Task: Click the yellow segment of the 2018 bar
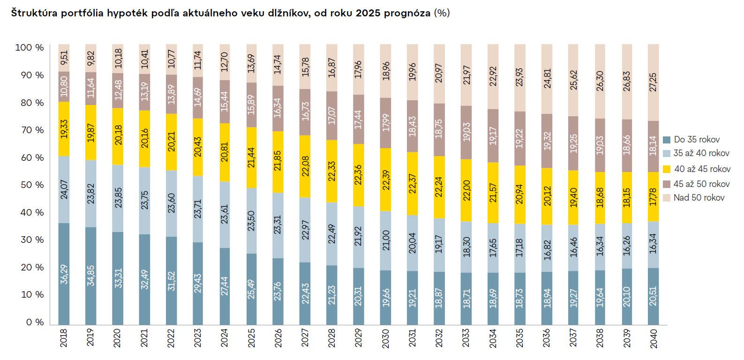(x=64, y=129)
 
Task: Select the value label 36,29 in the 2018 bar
(x=64, y=274)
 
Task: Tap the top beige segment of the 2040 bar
(x=653, y=82)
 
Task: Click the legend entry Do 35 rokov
(x=696, y=140)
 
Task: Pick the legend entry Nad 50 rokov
(x=699, y=198)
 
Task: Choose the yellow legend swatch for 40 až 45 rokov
(x=667, y=169)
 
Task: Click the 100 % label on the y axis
(x=29, y=48)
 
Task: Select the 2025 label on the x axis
(x=251, y=337)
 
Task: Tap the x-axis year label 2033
(x=466, y=337)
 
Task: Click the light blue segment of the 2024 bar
(x=225, y=214)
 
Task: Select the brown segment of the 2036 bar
(x=547, y=141)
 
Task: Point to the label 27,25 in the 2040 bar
(x=653, y=82)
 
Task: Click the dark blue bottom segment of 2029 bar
(x=359, y=296)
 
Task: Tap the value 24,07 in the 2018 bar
(x=64, y=189)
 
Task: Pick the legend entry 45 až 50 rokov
(x=701, y=184)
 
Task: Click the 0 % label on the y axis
(x=35, y=322)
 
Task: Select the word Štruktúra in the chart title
(x=34, y=13)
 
